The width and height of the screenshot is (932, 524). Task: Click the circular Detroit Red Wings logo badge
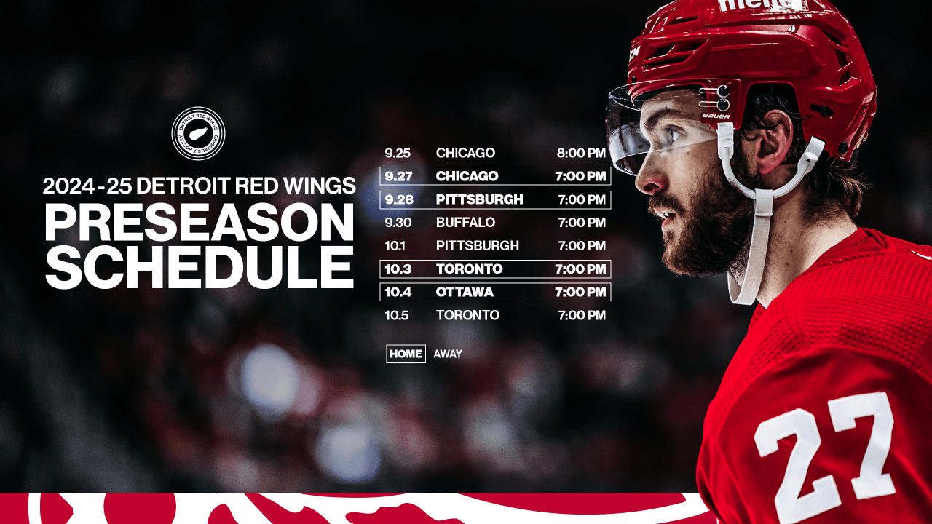click(x=198, y=134)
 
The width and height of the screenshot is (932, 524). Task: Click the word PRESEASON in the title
click(x=199, y=223)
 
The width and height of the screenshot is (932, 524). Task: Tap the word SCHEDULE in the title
click(x=199, y=267)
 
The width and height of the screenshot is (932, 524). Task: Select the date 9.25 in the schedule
click(x=398, y=154)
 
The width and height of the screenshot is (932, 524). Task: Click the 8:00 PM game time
click(x=581, y=154)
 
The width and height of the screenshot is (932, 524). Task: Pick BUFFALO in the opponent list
click(x=465, y=223)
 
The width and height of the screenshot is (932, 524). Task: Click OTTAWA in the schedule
click(x=465, y=292)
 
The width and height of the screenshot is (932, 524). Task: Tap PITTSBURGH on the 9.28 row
click(x=479, y=199)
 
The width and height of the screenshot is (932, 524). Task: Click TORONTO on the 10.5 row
click(x=467, y=315)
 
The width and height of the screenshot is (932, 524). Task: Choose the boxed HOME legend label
click(x=406, y=354)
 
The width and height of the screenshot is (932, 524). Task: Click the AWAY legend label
click(x=448, y=354)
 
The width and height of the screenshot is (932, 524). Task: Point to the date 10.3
click(x=398, y=269)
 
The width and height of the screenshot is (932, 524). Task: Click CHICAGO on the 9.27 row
click(x=467, y=176)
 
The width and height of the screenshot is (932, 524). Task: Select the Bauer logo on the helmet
click(x=715, y=116)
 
